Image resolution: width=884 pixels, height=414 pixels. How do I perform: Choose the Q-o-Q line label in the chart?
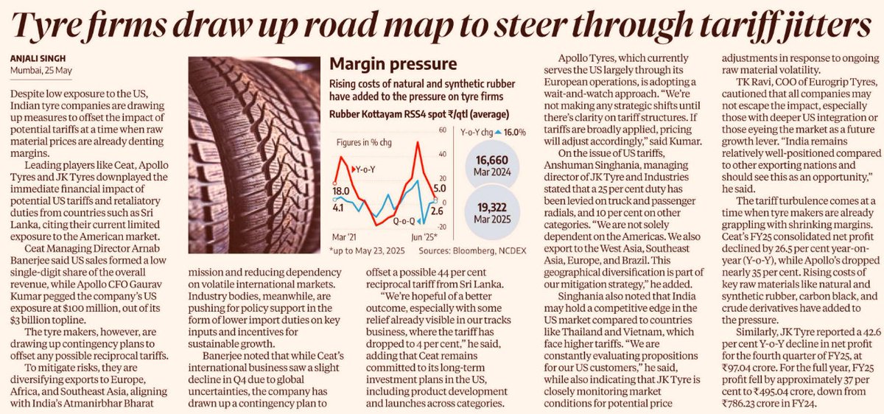(402, 219)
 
